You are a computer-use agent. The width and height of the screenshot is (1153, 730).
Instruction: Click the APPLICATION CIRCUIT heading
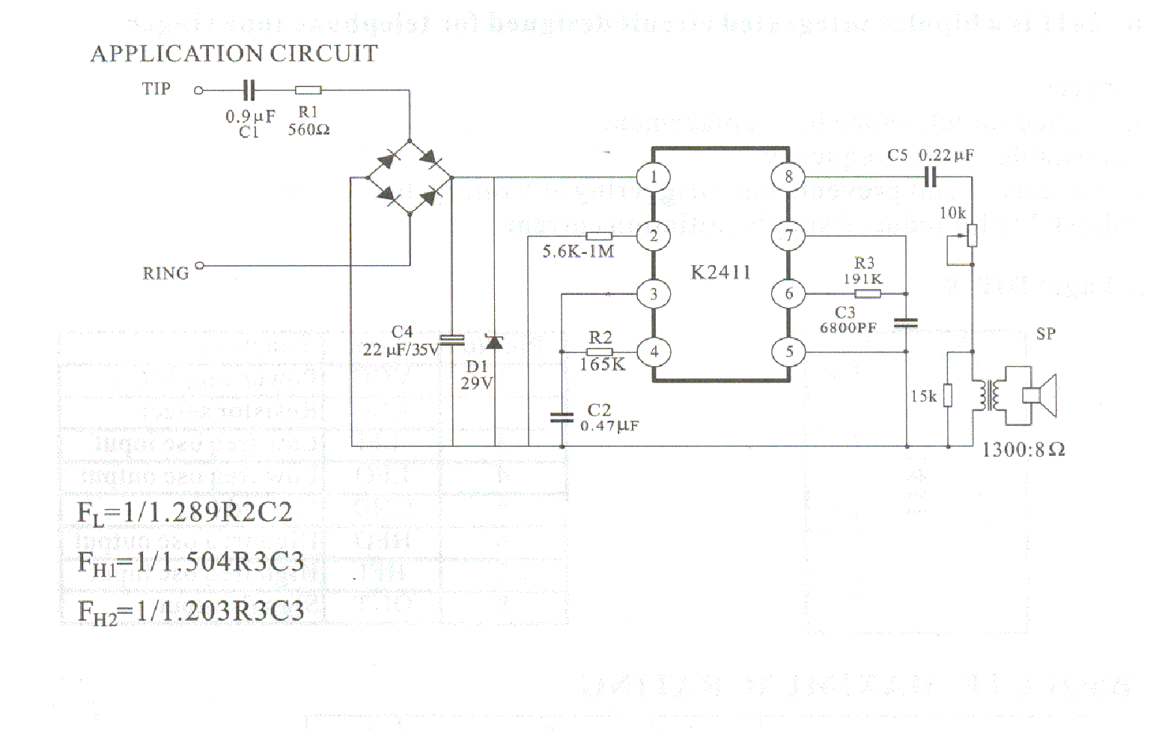(234, 54)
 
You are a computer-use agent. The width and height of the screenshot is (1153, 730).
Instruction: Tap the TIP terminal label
(156, 89)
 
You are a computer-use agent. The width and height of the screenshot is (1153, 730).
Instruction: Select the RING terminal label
(165, 273)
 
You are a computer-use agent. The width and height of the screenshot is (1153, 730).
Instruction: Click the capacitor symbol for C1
(249, 91)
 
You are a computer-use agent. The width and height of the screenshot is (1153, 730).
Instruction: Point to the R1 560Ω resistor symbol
(308, 91)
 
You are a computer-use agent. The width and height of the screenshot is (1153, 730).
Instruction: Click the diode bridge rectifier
(410, 178)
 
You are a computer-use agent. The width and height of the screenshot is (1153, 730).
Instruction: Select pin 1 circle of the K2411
(654, 177)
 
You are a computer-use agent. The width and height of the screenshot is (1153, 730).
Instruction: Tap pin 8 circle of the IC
(788, 177)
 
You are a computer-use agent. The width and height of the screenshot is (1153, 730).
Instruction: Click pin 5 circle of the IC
(788, 351)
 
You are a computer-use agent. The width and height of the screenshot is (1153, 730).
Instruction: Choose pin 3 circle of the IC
(654, 294)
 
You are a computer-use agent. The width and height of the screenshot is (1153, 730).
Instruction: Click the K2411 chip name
(720, 273)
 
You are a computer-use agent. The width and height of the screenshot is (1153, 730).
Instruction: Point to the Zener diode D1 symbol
(494, 342)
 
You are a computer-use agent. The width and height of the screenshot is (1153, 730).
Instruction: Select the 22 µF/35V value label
(401, 350)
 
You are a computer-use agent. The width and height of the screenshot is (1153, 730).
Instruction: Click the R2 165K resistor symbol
(599, 352)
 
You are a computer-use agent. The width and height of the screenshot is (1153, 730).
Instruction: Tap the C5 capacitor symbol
(930, 177)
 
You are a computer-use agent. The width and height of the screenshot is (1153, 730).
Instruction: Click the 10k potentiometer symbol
(972, 236)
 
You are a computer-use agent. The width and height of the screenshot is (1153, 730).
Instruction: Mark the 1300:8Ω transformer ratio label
(1023, 450)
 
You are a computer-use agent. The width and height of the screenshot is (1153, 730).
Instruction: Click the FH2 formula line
(191, 612)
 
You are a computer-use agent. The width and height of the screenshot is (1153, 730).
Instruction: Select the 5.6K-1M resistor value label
(578, 252)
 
